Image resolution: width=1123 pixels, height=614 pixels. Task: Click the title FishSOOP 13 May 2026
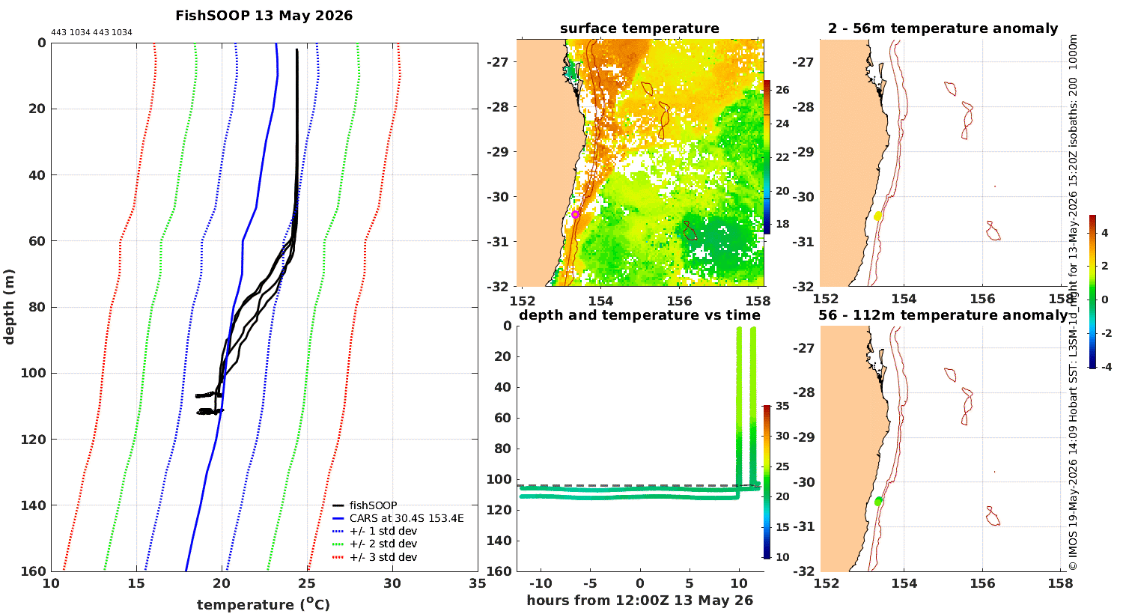tap(264, 16)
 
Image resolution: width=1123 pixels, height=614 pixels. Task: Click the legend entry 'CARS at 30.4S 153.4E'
tap(407, 517)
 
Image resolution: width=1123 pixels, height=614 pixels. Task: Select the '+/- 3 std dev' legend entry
tap(383, 557)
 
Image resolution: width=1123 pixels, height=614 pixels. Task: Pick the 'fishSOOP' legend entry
tap(373, 505)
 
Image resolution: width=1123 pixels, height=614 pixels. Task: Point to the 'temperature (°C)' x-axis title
tap(264, 604)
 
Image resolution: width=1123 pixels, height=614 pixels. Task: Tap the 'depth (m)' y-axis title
tap(9, 307)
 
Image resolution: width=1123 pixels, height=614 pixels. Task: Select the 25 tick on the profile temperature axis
tap(307, 583)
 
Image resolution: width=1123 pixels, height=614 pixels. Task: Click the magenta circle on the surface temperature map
tap(575, 214)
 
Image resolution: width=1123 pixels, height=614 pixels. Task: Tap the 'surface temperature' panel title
tap(639, 28)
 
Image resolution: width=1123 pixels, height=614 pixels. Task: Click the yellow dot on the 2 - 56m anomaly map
tap(877, 216)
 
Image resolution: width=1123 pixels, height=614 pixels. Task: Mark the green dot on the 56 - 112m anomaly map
tap(878, 501)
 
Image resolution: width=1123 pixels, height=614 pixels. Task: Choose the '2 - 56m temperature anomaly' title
tap(943, 28)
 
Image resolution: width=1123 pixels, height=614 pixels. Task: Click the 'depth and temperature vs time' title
tap(639, 314)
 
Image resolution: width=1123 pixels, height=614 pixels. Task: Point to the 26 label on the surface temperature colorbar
tap(782, 90)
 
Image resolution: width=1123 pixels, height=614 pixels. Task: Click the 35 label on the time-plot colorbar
tap(782, 406)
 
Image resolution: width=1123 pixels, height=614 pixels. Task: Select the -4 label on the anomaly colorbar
tap(1104, 367)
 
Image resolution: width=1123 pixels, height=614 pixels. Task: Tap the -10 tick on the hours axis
tap(541, 583)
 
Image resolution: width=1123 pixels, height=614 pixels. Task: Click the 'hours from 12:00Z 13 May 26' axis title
tap(639, 600)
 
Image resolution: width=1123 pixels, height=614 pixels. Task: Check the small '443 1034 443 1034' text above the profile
tap(92, 33)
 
